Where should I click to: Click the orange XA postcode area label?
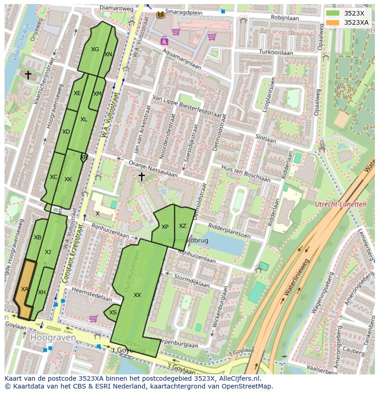tap(25, 289)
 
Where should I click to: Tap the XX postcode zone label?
tap(137, 295)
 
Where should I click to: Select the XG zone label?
tap(95, 49)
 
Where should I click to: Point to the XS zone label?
tap(113, 313)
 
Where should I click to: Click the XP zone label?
tap(165, 227)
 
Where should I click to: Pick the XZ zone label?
tap(183, 226)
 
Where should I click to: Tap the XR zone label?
tap(84, 157)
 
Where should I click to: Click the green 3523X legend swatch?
tap(333, 13)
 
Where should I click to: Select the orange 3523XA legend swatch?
tap(333, 22)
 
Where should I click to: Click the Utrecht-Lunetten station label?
tap(341, 205)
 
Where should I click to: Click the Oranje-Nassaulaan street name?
tap(152, 168)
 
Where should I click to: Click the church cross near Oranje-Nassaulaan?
tap(141, 176)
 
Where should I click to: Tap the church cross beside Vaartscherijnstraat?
tap(28, 75)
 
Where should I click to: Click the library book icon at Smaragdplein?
tap(161, 15)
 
